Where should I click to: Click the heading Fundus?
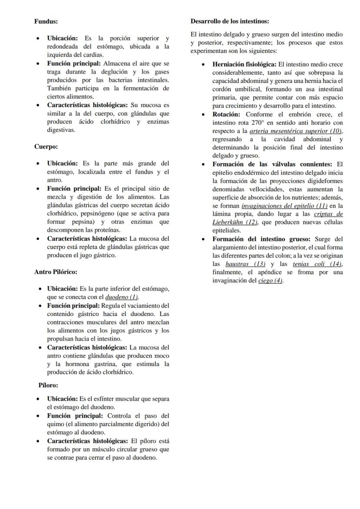(x=46, y=21)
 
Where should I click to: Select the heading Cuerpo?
(x=46, y=146)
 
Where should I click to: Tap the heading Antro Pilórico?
(x=56, y=272)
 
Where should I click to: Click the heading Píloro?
(x=48, y=385)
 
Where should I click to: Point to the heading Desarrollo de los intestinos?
(x=230, y=21)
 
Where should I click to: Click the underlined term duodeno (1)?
(x=121, y=297)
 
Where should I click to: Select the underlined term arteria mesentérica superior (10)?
(x=296, y=131)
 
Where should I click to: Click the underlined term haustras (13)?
(x=245, y=264)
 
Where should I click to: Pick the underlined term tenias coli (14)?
(x=317, y=264)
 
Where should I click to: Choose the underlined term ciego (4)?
(x=270, y=281)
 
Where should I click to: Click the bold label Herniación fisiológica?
(x=244, y=64)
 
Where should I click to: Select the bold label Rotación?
(x=226, y=114)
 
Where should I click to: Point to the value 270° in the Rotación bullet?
(x=256, y=123)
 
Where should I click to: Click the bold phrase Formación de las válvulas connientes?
(x=272, y=164)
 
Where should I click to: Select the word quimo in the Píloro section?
(x=55, y=424)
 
